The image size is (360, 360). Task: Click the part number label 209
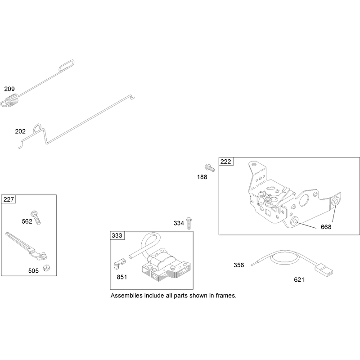click(9, 89)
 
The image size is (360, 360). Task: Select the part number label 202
click(20, 131)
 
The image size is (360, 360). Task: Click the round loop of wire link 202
click(37, 128)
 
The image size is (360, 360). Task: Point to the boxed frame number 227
click(9, 199)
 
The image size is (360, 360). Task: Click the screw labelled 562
click(36, 217)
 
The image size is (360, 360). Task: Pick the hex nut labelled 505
click(47, 268)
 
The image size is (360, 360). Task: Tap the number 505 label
click(33, 271)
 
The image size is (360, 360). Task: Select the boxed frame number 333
click(117, 235)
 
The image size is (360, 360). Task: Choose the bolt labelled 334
click(189, 223)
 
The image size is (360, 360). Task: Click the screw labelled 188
click(209, 168)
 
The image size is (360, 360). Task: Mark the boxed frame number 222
click(226, 162)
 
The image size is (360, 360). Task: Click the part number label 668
click(326, 227)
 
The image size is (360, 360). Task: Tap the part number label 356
click(239, 265)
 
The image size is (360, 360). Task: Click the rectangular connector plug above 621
click(324, 270)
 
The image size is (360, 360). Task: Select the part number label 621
click(299, 279)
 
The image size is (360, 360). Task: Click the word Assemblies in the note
click(126, 296)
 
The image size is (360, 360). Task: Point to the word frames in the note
click(226, 296)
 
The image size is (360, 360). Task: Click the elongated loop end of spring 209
click(67, 65)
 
